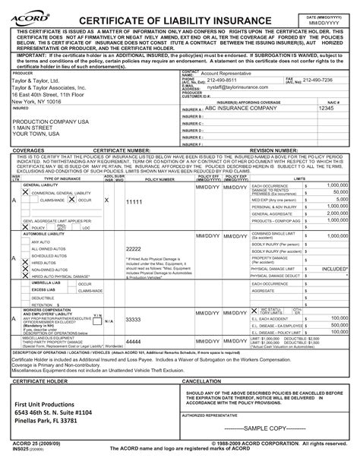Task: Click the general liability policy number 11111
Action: [x=134, y=202]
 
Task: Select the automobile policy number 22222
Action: [x=134, y=249]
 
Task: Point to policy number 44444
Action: [x=134, y=343]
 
